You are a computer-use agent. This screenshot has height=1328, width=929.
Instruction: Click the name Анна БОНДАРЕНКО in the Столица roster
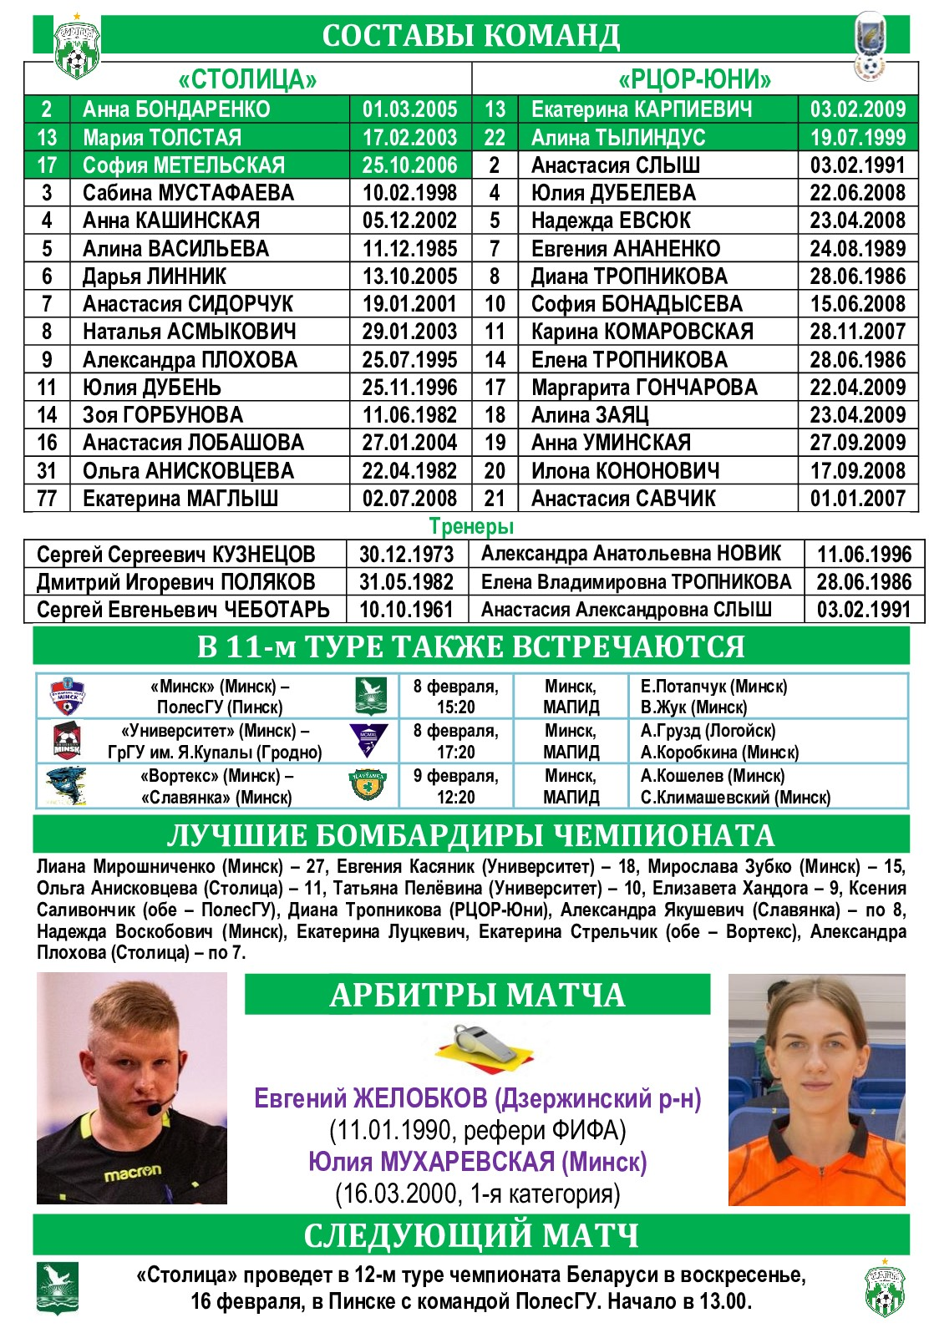point(176,109)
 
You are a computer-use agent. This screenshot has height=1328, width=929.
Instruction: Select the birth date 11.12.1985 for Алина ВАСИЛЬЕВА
point(409,249)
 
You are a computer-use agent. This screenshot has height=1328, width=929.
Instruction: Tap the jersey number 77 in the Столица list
point(47,499)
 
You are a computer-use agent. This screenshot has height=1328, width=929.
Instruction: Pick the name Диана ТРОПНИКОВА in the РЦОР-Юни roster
point(629,276)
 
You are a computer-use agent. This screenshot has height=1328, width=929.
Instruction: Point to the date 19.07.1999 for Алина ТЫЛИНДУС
point(857,138)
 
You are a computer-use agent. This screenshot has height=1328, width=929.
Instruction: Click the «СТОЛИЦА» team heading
point(247,80)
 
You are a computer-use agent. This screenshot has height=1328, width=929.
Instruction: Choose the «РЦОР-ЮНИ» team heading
point(694,80)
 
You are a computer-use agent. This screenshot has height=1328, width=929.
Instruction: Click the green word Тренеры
point(471,526)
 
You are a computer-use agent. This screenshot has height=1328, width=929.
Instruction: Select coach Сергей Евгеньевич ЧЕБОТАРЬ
point(183,610)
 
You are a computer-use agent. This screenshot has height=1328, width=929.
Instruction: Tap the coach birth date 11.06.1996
point(864,555)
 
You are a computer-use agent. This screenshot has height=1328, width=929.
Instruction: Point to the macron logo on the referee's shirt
point(132,1173)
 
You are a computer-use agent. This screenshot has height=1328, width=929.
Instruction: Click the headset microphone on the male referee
point(154,1109)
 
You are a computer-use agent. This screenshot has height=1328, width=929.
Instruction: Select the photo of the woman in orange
point(816,1089)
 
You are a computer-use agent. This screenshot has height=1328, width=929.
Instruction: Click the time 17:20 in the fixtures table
point(455,752)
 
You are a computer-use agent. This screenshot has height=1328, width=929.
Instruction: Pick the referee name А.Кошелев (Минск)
point(712,775)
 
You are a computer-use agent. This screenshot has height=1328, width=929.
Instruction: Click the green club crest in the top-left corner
point(76,48)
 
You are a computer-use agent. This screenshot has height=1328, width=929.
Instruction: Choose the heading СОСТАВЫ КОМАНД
point(471,36)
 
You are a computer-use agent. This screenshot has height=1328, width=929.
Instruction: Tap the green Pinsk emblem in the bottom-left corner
point(57,1287)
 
